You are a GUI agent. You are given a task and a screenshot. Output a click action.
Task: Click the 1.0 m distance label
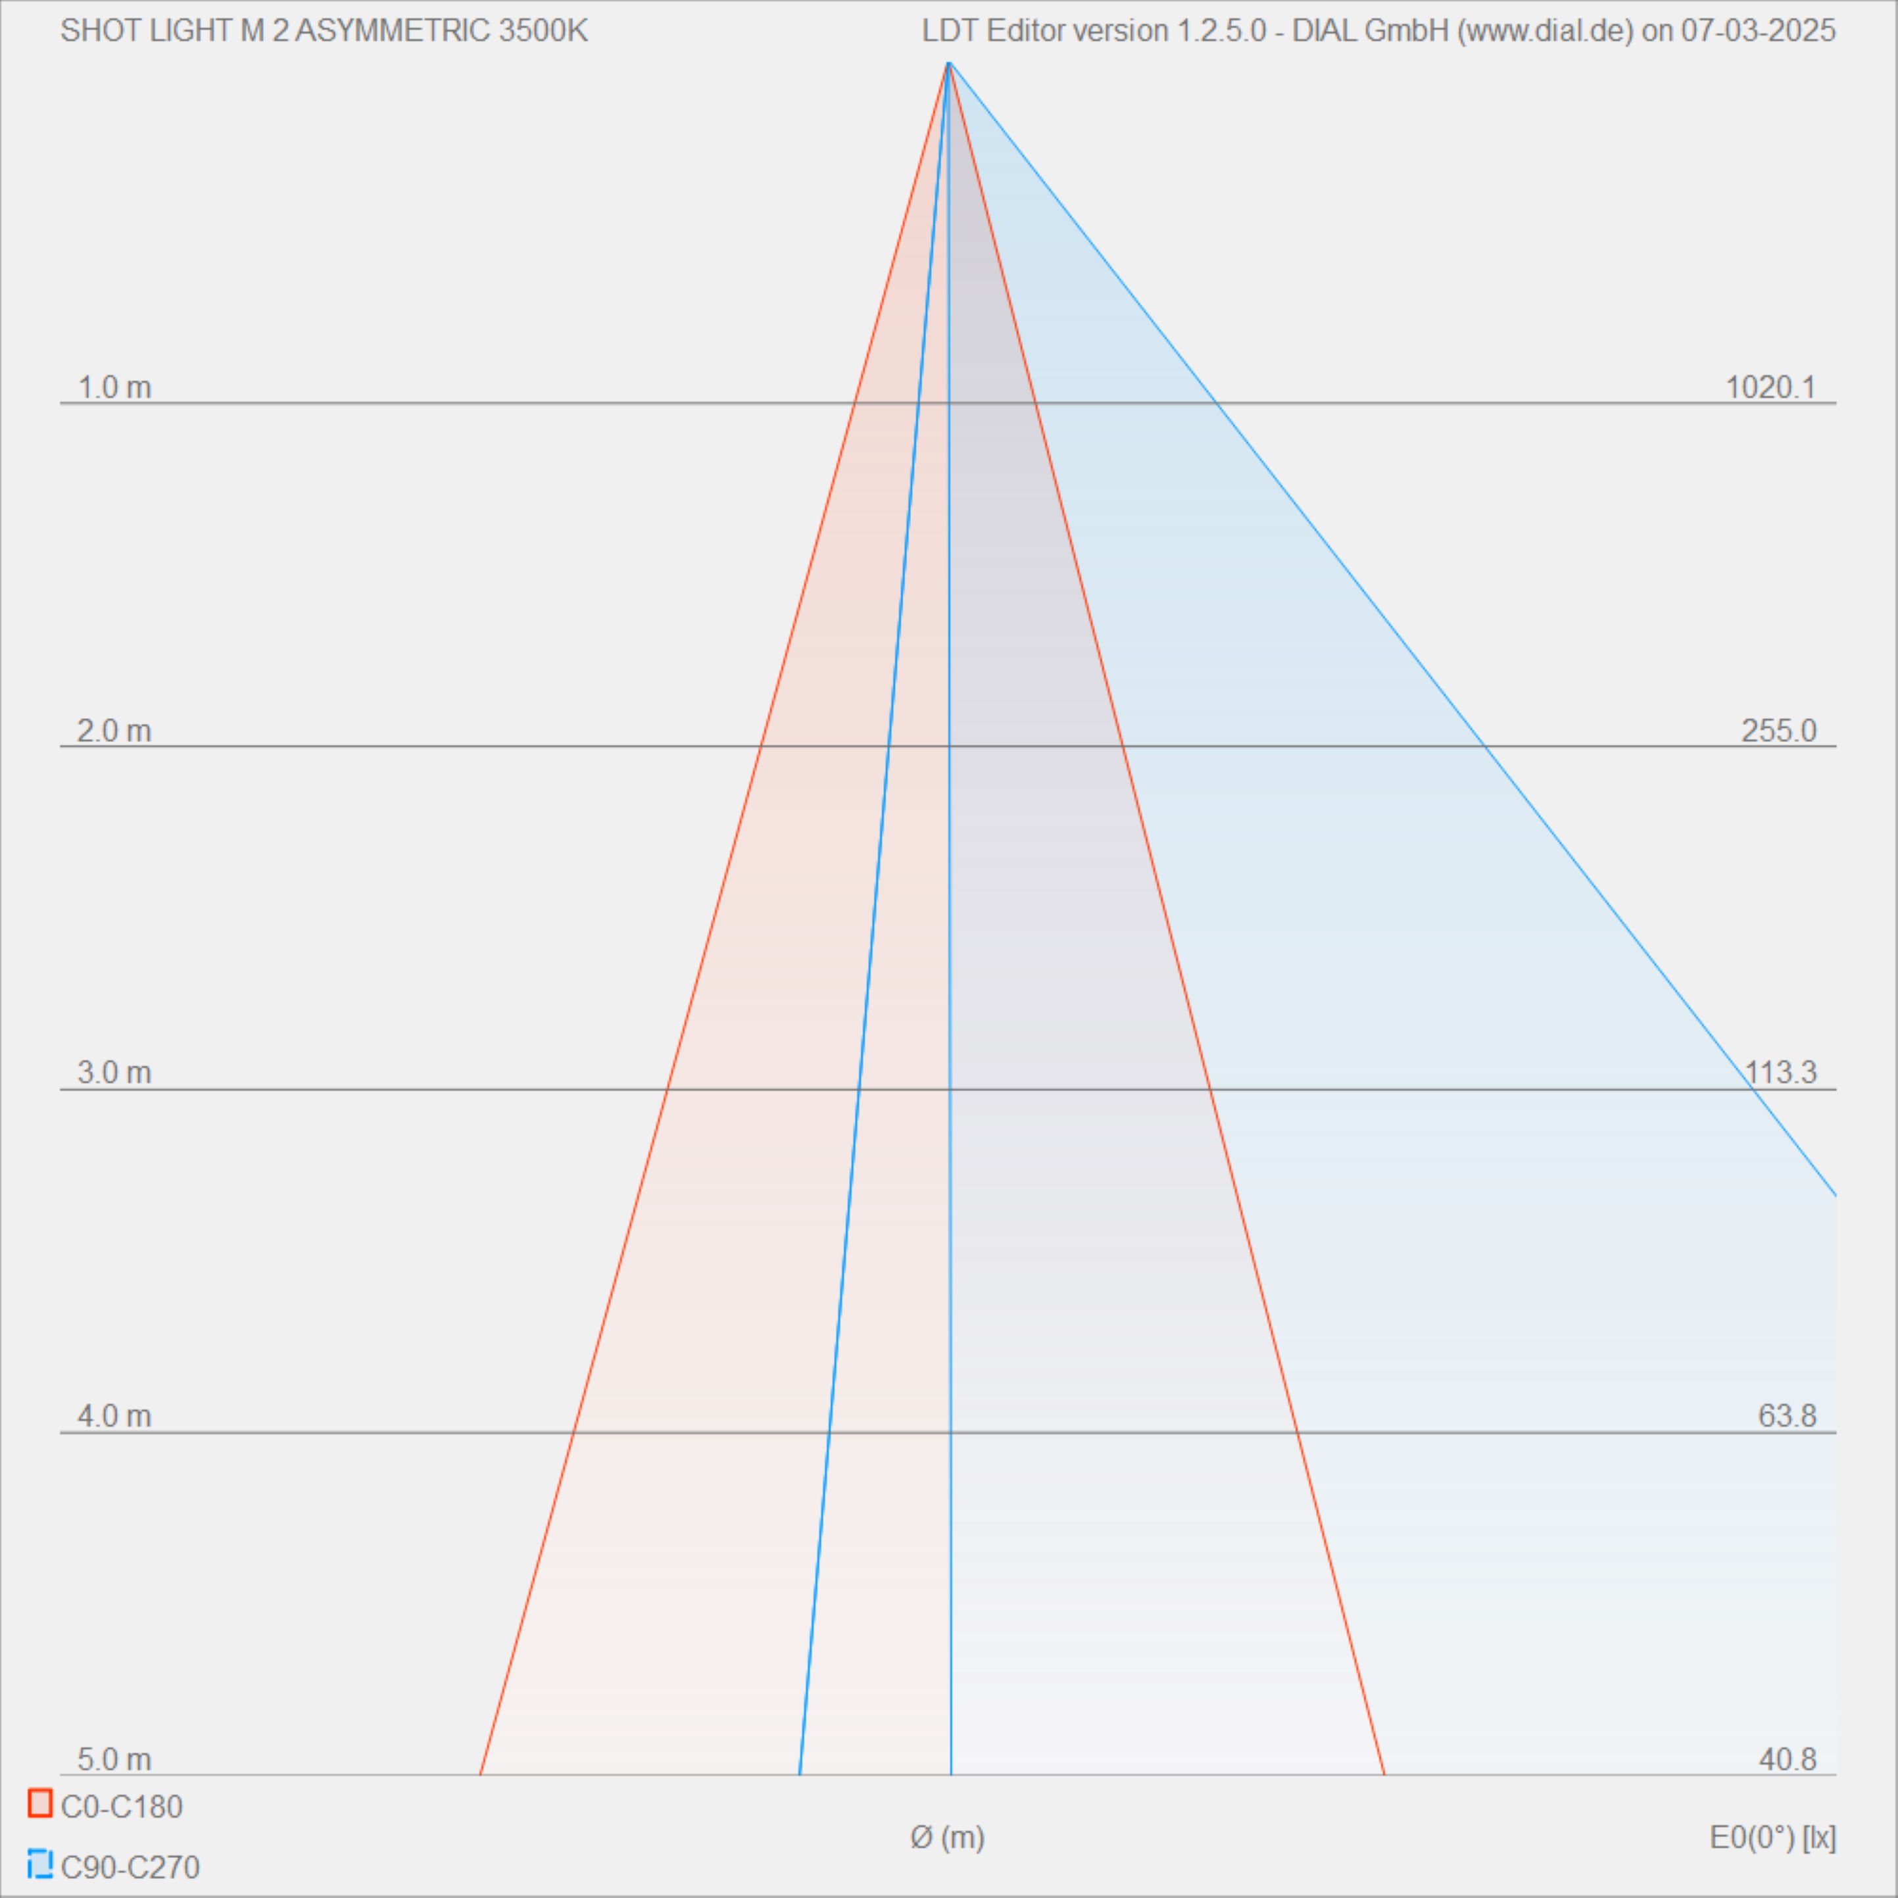pyautogui.click(x=114, y=388)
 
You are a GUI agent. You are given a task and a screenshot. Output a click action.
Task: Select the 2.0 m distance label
pyautogui.click(x=114, y=731)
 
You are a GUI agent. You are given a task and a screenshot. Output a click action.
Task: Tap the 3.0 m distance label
pyautogui.click(x=114, y=1073)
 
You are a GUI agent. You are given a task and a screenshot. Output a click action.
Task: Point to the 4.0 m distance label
pyautogui.click(x=114, y=1416)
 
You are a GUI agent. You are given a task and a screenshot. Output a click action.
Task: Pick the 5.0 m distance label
pyautogui.click(x=114, y=1759)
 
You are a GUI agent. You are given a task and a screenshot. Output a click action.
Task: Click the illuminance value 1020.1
pyautogui.click(x=1770, y=388)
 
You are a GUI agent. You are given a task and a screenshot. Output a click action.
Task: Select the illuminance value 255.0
pyautogui.click(x=1778, y=731)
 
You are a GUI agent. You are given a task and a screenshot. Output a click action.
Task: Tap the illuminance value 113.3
pyautogui.click(x=1780, y=1073)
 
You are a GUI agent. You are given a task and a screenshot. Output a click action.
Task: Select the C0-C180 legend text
pyautogui.click(x=122, y=1807)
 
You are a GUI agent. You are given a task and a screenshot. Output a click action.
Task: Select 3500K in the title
pyautogui.click(x=543, y=32)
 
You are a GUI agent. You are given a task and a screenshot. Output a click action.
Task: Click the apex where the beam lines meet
pyautogui.click(x=948, y=63)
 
